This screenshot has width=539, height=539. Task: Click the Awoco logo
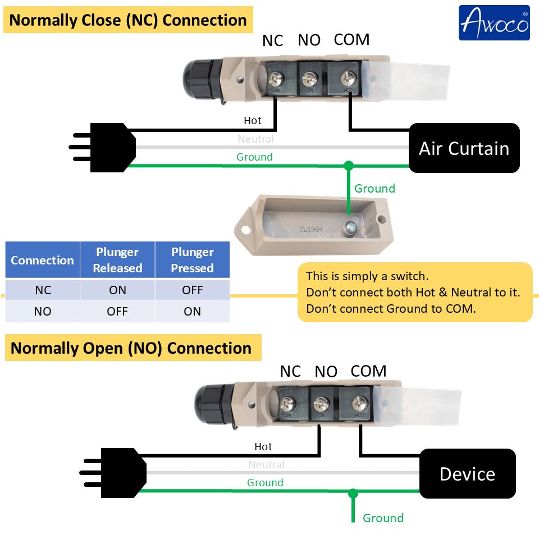coord(494,22)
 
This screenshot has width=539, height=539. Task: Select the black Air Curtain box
coord(464,148)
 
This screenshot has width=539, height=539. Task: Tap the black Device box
coord(467,474)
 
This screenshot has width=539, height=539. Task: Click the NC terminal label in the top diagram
coord(273,41)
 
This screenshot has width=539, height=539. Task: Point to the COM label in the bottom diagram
coord(368,371)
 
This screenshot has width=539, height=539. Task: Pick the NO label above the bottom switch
coord(326,372)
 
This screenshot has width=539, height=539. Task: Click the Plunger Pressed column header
coord(192,260)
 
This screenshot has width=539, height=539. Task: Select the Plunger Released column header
coord(117,260)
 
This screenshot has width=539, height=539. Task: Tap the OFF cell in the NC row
coord(192,290)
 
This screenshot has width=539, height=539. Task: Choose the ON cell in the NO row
coord(192,312)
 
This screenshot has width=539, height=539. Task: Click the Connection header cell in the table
coord(43,260)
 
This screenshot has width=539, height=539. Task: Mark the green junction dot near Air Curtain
coord(349,166)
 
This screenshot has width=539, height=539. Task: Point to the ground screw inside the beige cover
coord(351,227)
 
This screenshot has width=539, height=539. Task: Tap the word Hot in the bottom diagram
coord(263,447)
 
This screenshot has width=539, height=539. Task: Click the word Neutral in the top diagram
coord(255,139)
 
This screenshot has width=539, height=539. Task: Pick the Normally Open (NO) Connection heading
coord(131,348)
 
